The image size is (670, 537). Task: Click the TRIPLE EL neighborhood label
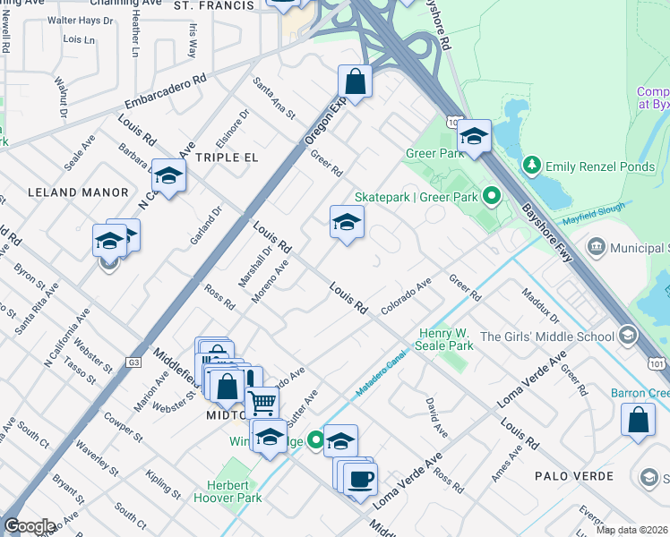[227, 157]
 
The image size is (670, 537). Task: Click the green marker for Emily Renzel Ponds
[532, 166]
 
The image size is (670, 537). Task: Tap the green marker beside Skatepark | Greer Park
[491, 195]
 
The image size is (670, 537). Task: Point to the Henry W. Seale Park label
[445, 339]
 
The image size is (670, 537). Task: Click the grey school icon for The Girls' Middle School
[628, 337]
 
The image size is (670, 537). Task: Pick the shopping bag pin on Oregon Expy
[356, 81]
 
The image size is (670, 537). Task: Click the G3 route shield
[134, 362]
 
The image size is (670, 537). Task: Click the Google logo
[30, 525]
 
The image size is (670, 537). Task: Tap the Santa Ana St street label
[273, 98]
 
